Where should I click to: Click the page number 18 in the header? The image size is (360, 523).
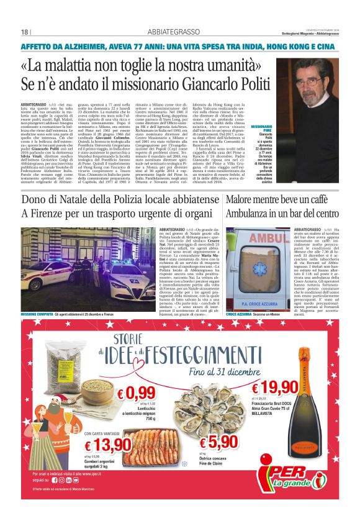[25, 32]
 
